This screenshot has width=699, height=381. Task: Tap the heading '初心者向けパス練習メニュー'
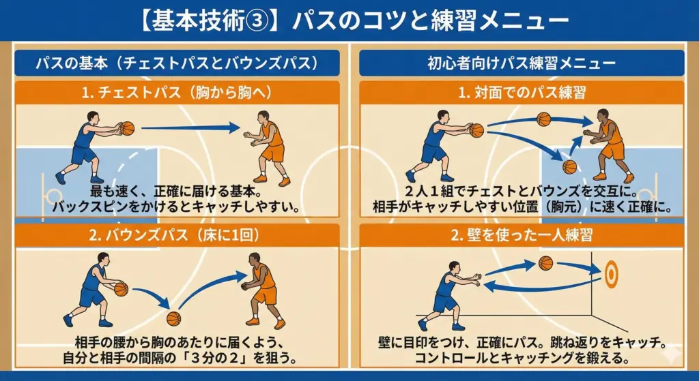point(521,63)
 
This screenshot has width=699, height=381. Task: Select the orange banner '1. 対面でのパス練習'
point(521,93)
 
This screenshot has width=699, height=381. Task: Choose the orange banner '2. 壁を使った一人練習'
point(521,236)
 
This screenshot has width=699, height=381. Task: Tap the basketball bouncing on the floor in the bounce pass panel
point(174,318)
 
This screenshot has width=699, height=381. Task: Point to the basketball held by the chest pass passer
point(127,128)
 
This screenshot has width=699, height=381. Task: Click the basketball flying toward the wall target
point(545,263)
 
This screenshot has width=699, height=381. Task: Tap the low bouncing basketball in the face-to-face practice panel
point(569,167)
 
